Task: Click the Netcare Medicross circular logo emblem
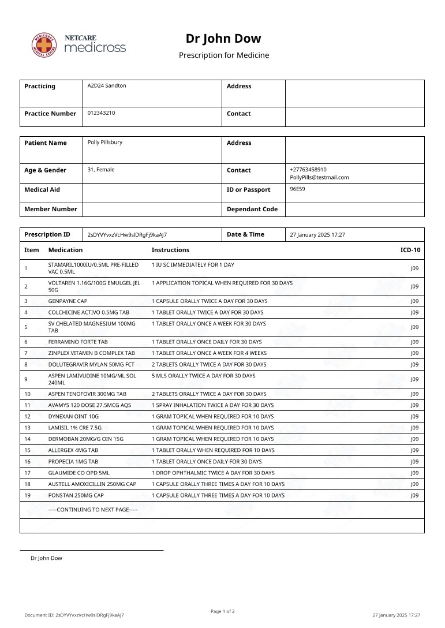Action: (x=44, y=45)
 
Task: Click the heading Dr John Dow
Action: (x=223, y=39)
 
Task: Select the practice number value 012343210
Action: (x=101, y=113)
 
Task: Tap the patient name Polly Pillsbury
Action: (x=104, y=142)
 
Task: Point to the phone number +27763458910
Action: (x=308, y=170)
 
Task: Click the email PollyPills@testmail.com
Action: (x=319, y=177)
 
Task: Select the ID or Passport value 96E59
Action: (x=297, y=189)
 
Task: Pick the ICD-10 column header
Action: (x=410, y=250)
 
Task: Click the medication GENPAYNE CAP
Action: (x=68, y=301)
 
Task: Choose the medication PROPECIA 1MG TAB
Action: (x=73, y=462)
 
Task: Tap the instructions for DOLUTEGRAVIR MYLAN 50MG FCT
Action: (x=209, y=365)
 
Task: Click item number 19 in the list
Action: (x=27, y=495)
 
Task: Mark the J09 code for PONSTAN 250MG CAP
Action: (x=414, y=495)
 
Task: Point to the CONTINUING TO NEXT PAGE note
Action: (x=93, y=510)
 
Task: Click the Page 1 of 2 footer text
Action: (x=222, y=611)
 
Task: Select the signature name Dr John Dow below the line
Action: (x=46, y=558)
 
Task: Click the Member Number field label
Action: (x=51, y=209)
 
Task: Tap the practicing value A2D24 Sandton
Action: (x=107, y=85)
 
